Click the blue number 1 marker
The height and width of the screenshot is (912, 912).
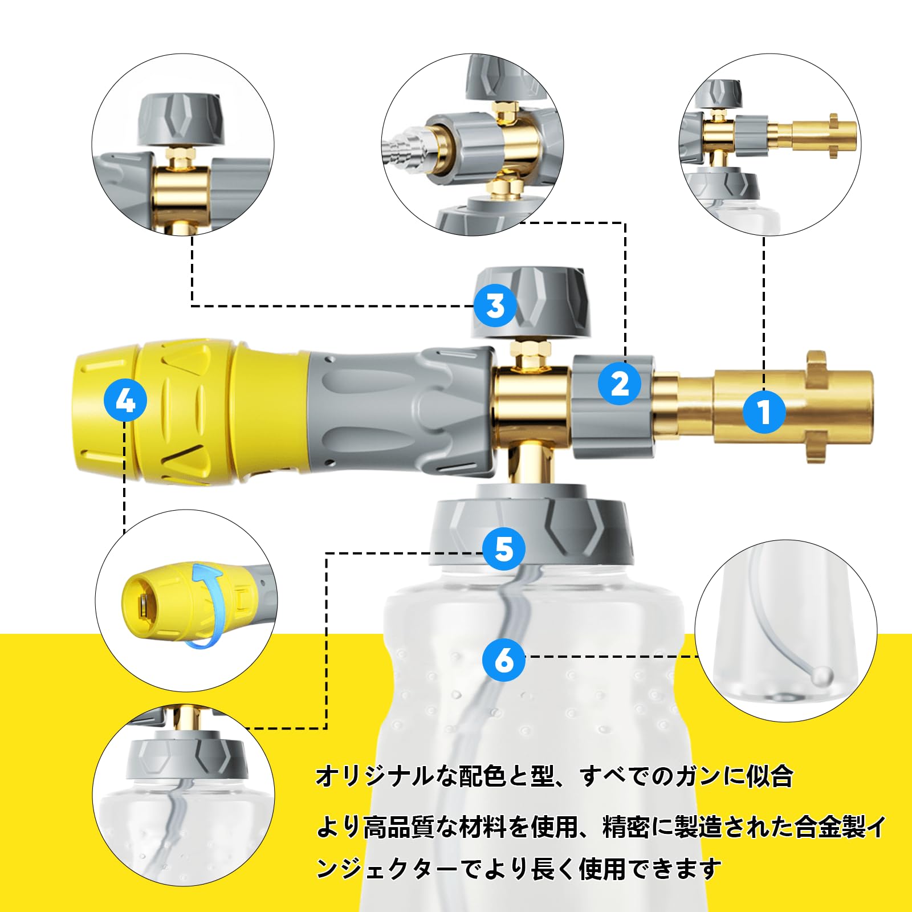tap(764, 412)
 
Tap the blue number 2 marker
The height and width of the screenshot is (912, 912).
tap(620, 384)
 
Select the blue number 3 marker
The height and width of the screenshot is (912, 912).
tap(495, 306)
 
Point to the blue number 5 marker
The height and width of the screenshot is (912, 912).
tap(504, 549)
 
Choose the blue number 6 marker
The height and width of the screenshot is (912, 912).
tap(504, 660)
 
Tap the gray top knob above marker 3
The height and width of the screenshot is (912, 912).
tap(530, 302)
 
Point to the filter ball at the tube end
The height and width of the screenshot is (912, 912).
tap(823, 677)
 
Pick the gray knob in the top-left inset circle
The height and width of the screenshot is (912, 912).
tap(181, 120)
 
